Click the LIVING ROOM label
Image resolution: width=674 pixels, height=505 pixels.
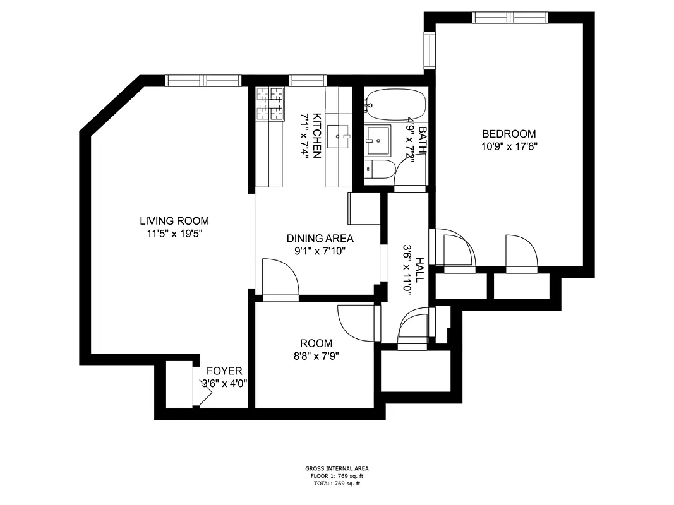(174, 221)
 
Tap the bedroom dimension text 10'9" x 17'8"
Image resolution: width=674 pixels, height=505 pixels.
(509, 146)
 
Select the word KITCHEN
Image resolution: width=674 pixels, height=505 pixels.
(318, 135)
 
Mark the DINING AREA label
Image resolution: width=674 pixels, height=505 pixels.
(320, 239)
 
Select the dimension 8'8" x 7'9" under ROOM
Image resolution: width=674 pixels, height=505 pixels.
(316, 355)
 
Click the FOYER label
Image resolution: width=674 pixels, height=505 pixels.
(224, 371)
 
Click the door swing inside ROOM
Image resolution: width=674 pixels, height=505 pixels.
(357, 322)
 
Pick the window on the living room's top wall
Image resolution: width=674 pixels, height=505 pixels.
(203, 80)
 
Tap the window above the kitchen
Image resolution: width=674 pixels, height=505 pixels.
(308, 80)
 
